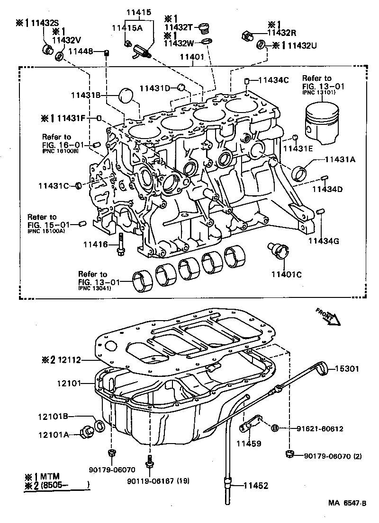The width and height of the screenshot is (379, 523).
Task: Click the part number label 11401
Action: point(191,57)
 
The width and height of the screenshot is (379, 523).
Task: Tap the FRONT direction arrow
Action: point(328,316)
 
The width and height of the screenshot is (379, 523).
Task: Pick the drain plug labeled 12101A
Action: point(88,431)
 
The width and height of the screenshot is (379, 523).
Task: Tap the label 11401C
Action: point(287,274)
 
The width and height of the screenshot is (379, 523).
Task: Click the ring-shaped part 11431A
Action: point(299,173)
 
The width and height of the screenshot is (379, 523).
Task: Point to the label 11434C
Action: point(273,80)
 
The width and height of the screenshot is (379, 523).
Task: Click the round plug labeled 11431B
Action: point(126,95)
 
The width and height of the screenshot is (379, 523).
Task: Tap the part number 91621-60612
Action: point(320,428)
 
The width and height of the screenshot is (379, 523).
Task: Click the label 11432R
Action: point(282,33)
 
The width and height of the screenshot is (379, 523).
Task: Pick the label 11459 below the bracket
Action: point(249,444)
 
